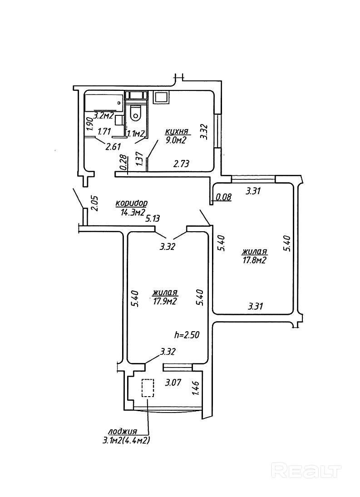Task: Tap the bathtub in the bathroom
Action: tap(104, 102)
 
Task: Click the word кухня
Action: tap(177, 132)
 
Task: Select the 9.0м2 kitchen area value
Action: tap(176, 140)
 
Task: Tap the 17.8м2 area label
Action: tap(253, 260)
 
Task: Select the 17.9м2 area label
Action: tap(164, 301)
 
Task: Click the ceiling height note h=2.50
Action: tap(187, 335)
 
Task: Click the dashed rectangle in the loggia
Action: tap(148, 388)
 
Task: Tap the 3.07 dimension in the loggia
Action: tap(173, 383)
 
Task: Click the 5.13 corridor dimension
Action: tap(153, 218)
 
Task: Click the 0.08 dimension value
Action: tap(223, 197)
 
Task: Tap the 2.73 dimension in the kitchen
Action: tap(181, 164)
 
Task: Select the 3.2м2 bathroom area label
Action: tap(104, 115)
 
